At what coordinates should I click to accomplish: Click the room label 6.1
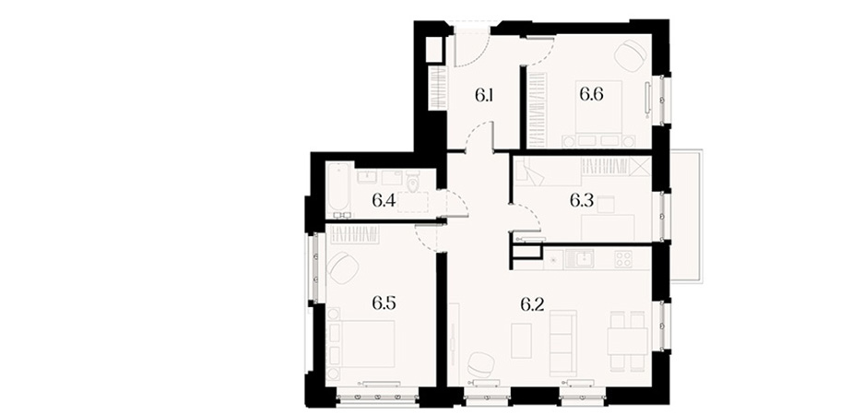point(483,96)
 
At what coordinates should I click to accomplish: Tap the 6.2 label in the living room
point(533,304)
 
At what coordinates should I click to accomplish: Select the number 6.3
point(582,202)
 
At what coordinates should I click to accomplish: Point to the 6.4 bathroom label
point(384,201)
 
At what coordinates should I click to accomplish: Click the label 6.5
point(384,303)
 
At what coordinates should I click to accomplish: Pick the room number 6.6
point(591,94)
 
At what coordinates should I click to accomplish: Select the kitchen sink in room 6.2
point(579,258)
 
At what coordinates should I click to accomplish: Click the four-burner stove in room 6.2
point(623,258)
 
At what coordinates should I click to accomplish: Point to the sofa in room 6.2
point(562,343)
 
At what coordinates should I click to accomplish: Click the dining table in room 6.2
point(627,341)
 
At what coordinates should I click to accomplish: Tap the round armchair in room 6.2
point(481,363)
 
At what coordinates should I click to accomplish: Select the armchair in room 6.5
point(343,267)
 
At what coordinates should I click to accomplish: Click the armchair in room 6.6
point(631,56)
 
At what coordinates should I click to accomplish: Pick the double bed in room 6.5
point(361,343)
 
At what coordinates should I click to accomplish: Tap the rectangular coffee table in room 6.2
point(521,340)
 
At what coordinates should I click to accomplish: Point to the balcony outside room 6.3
point(686,216)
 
